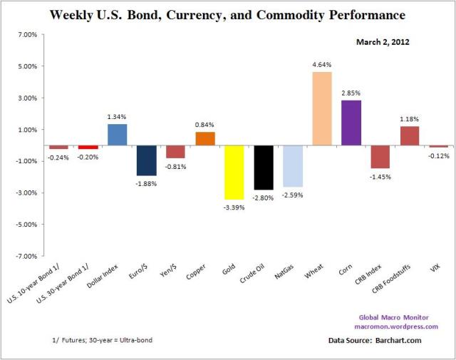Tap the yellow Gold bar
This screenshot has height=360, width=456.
tap(234, 173)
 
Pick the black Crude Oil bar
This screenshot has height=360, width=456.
tap(264, 168)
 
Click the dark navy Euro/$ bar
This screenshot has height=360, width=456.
tap(146, 160)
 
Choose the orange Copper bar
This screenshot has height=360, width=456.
tap(204, 138)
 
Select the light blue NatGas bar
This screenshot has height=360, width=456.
tap(293, 166)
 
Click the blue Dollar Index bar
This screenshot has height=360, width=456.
tap(117, 135)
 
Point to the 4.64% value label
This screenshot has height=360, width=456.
tap(321, 65)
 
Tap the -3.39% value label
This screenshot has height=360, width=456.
tap(234, 207)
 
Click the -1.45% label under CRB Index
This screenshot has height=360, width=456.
tap(380, 176)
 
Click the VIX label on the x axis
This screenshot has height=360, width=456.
tap(437, 269)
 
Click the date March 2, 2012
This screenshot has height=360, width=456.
tap(385, 42)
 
